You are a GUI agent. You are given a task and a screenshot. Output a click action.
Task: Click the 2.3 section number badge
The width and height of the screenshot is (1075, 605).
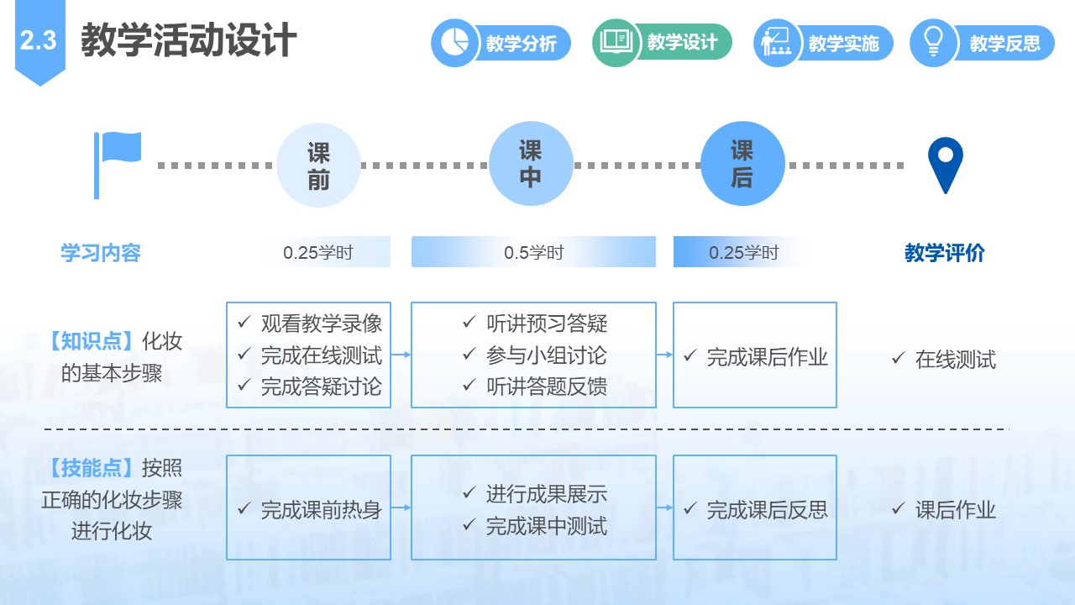[x=39, y=41]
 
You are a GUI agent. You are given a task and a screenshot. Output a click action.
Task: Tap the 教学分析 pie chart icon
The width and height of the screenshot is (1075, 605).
[x=454, y=43]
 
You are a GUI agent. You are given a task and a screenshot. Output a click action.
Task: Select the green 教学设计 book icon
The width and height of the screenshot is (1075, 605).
[x=616, y=42]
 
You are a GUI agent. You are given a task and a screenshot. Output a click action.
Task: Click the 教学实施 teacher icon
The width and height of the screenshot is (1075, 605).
[x=777, y=43]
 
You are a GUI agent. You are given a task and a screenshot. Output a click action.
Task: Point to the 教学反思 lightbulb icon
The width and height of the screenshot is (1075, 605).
[x=933, y=43]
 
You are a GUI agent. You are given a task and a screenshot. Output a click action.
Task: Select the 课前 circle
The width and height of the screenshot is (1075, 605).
[x=318, y=166]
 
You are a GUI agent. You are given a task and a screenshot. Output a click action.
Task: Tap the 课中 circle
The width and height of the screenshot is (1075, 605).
[x=531, y=164]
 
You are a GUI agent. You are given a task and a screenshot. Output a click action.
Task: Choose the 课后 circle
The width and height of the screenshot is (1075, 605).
[x=742, y=164]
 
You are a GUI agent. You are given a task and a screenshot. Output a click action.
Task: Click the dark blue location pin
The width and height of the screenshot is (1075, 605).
[x=946, y=166]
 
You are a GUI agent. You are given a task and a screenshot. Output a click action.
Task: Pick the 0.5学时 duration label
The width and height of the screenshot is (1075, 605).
[x=533, y=253]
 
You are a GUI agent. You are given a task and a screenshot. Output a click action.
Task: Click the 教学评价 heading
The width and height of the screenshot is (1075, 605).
[x=945, y=253]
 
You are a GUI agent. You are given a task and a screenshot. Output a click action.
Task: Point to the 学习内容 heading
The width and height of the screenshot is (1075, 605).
[x=101, y=253]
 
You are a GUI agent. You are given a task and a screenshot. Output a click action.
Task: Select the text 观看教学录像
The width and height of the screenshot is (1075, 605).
[x=322, y=324]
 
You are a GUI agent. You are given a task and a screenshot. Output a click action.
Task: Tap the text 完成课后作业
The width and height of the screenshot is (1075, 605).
[x=768, y=358]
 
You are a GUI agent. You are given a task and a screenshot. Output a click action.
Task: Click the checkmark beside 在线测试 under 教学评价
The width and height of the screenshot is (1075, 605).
[x=899, y=358]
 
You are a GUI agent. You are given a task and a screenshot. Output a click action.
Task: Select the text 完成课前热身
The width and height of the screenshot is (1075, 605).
[x=322, y=510]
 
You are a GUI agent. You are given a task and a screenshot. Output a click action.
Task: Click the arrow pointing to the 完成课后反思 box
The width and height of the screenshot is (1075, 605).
[x=664, y=508]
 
